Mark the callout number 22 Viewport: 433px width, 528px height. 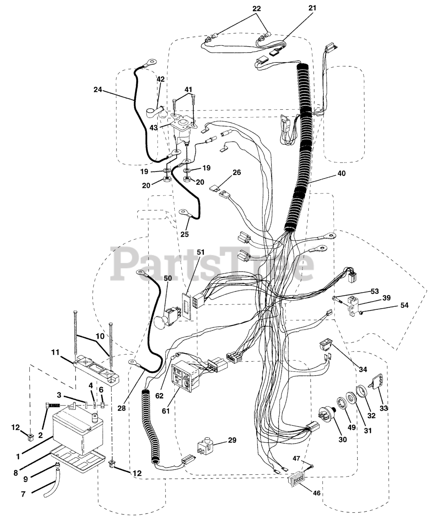click(256, 7)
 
